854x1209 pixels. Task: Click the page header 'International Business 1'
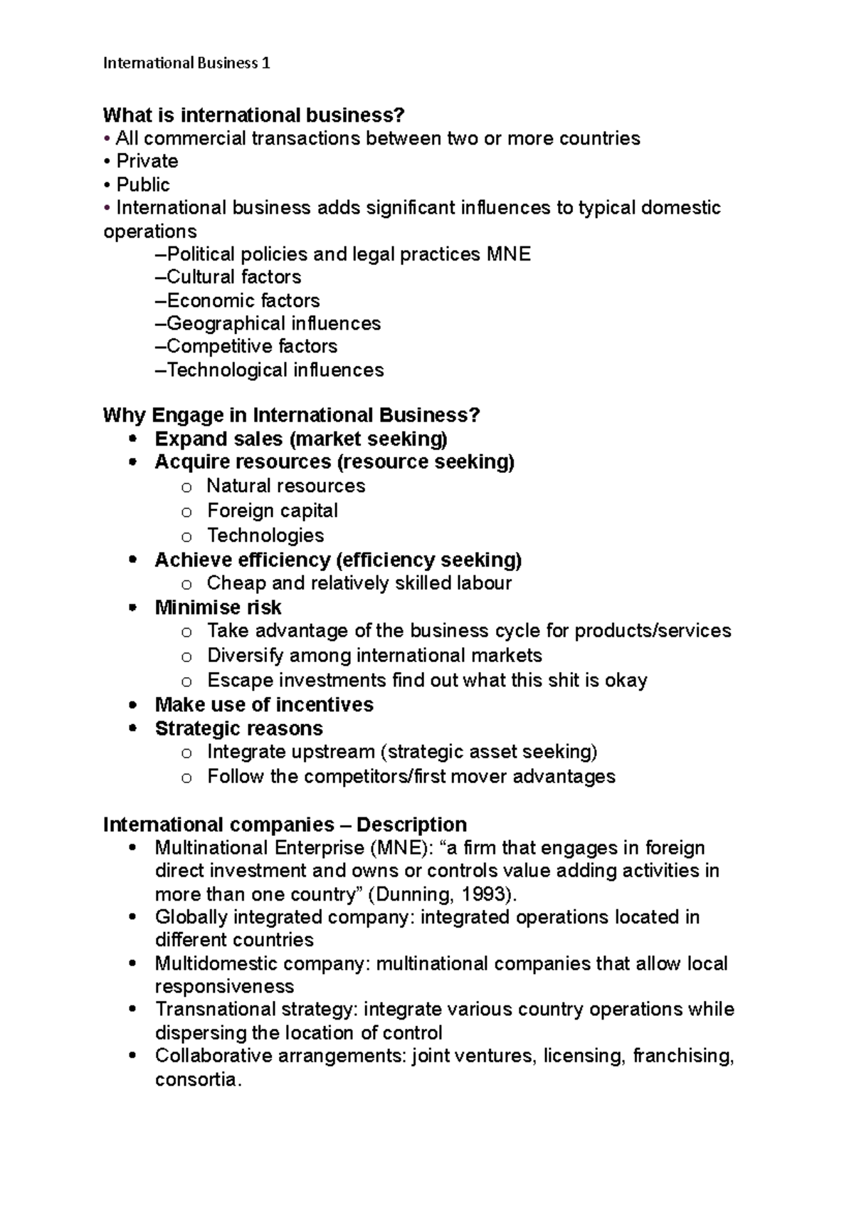(186, 63)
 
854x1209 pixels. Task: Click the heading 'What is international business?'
(253, 115)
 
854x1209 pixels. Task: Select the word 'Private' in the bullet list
(147, 161)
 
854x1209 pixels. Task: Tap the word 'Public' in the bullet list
(143, 184)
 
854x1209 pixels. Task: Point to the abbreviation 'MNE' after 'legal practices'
(508, 254)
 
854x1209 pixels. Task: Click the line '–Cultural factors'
(228, 277)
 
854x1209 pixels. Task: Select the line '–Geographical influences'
(268, 323)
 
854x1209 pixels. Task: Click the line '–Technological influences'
(269, 370)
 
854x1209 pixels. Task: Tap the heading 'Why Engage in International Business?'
(291, 415)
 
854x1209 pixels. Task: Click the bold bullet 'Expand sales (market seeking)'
(301, 439)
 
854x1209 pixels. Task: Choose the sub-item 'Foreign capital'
(272, 511)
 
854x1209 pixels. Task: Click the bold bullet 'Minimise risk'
(218, 607)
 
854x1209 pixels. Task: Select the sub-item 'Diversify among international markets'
(374, 655)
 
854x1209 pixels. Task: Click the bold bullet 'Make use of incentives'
(264, 704)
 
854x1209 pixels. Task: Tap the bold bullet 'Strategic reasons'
(238, 728)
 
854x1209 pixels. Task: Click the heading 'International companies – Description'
(285, 825)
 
